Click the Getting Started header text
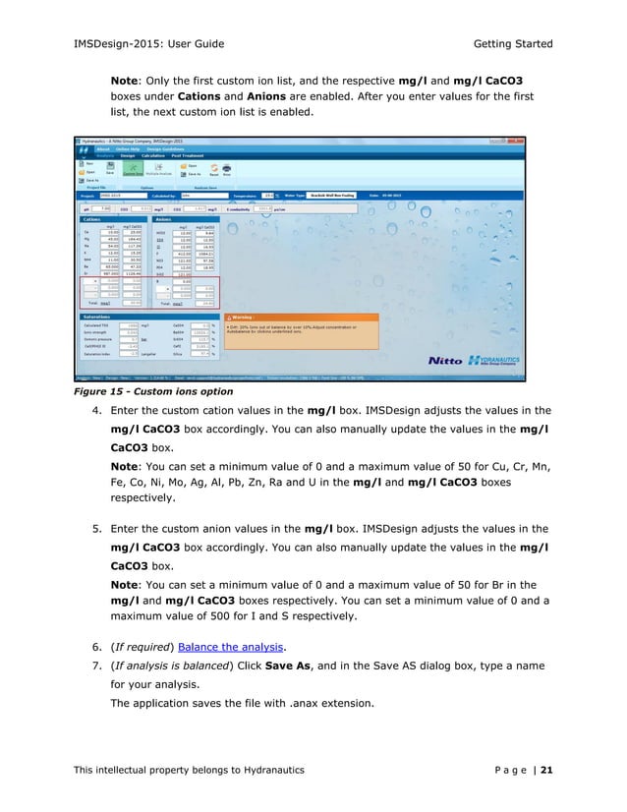tap(513, 44)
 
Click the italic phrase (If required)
tap(137, 646)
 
